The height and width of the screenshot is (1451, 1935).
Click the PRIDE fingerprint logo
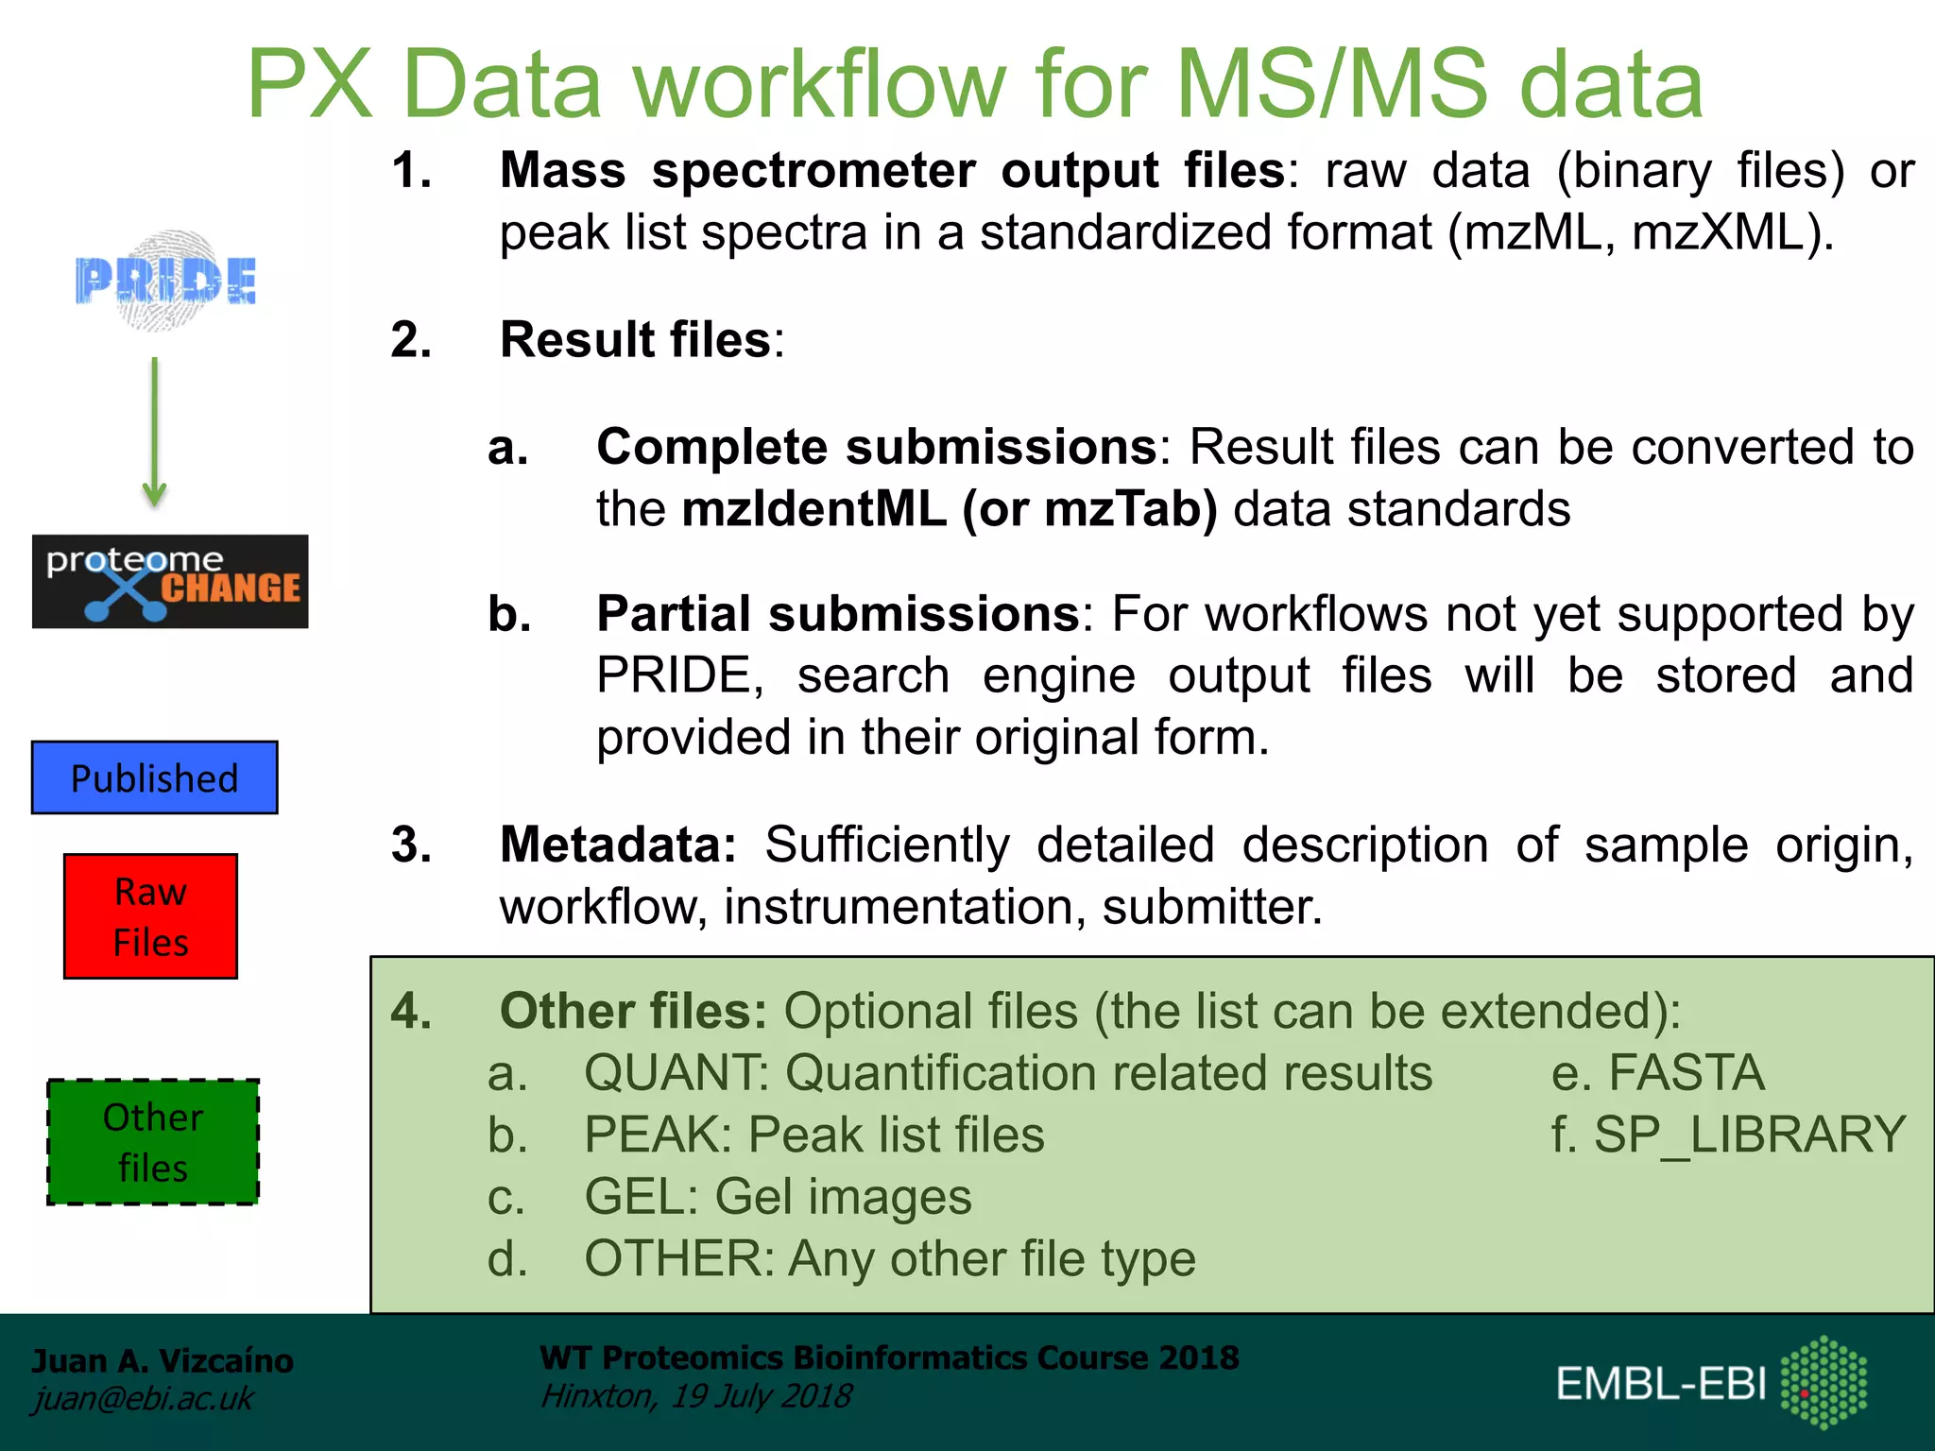click(166, 281)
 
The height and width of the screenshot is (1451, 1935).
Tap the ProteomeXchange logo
click(170, 582)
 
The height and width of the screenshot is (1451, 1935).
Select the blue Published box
click(155, 778)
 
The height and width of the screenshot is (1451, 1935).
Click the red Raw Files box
click(151, 916)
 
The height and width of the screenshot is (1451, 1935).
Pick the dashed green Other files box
click(153, 1142)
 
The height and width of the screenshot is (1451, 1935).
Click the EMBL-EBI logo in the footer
click(1710, 1383)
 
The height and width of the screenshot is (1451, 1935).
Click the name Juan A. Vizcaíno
click(163, 1360)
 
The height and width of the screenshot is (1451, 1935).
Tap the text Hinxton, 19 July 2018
click(696, 1396)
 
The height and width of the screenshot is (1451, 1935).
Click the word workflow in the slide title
click(819, 85)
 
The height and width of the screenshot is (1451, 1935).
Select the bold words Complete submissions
click(876, 447)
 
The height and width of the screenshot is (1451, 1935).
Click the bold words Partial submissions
click(838, 614)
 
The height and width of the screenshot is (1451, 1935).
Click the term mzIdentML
click(813, 509)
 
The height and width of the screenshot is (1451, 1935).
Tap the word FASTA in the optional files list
click(1687, 1073)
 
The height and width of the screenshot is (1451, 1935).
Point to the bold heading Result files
click(636, 340)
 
